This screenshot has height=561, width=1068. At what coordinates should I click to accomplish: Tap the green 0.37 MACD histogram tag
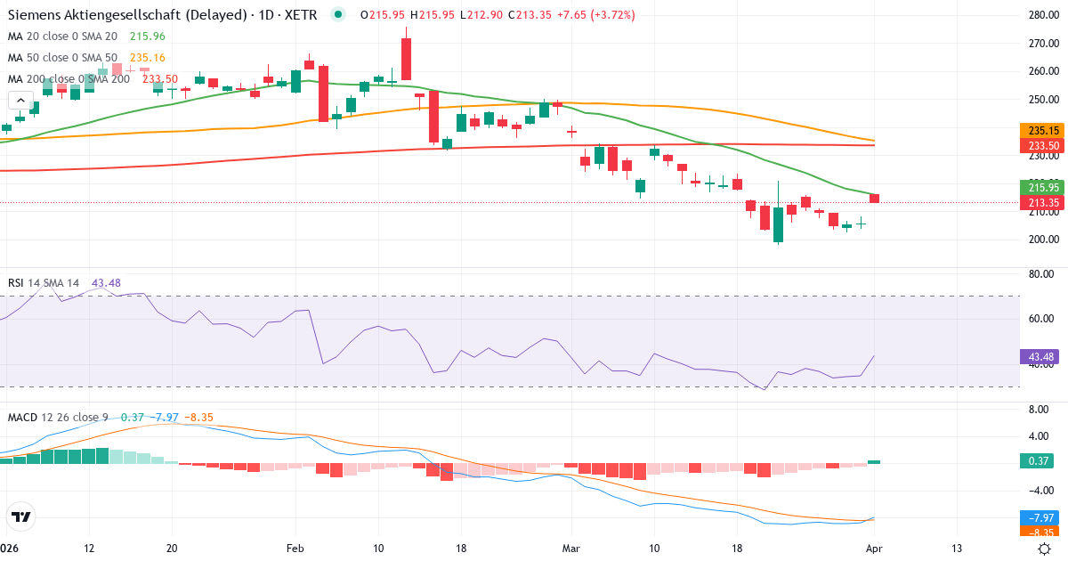click(1038, 460)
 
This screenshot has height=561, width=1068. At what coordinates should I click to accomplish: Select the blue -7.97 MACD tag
click(1038, 516)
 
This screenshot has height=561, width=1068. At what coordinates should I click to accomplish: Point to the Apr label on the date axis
click(873, 549)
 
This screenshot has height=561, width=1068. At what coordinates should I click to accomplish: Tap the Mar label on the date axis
click(570, 549)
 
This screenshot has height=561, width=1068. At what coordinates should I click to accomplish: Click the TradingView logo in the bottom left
click(21, 516)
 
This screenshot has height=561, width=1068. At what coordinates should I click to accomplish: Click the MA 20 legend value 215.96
click(148, 37)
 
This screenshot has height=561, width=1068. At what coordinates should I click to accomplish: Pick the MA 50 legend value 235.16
click(148, 58)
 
